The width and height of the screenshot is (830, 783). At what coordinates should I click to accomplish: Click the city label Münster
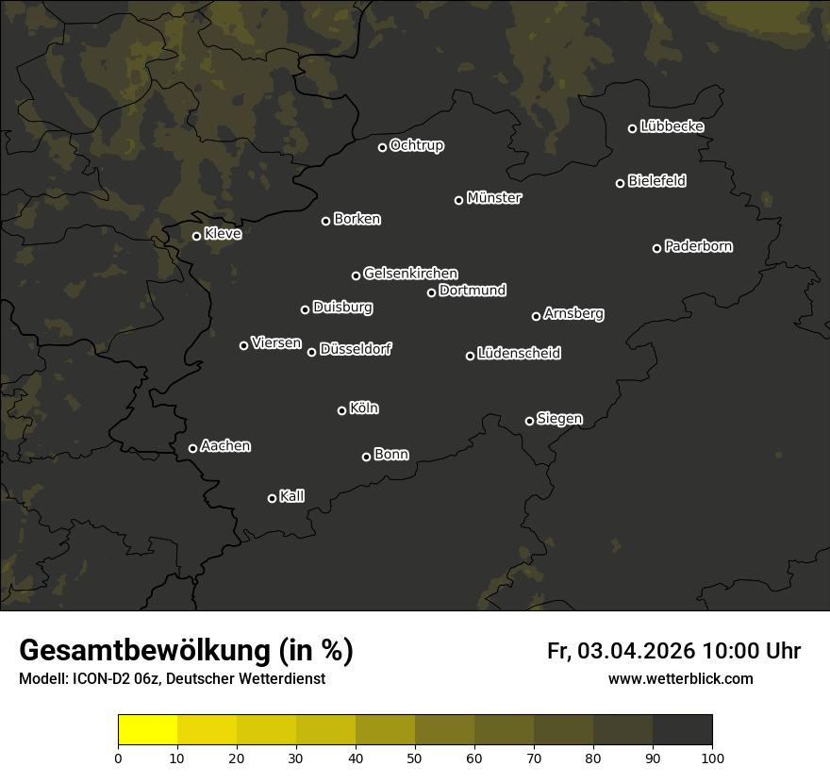point(493,198)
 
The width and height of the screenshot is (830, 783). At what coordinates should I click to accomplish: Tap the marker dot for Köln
point(341,410)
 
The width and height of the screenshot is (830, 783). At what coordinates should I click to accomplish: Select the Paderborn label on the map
point(698,246)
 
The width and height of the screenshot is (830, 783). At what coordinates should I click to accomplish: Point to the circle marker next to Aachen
point(192,448)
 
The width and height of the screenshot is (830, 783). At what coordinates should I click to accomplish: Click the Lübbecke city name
point(672,126)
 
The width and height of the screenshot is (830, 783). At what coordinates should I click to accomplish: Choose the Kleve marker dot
point(196,236)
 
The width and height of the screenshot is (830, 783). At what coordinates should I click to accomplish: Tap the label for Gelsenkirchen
point(410,274)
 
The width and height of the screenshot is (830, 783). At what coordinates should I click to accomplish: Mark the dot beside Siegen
point(529,421)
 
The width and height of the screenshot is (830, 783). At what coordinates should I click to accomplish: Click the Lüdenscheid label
point(519,354)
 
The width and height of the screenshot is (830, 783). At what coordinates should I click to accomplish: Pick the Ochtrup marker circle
point(382,147)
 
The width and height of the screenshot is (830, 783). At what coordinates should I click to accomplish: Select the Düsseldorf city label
point(356,349)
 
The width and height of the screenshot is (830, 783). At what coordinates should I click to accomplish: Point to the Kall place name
point(291,496)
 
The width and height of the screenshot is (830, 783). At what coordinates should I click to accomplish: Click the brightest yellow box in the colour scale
point(147,730)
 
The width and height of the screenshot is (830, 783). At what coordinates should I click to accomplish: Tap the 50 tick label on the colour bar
point(415,758)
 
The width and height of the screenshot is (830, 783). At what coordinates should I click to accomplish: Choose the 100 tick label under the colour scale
point(712,758)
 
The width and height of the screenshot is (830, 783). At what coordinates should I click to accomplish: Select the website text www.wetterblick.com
point(680,679)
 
